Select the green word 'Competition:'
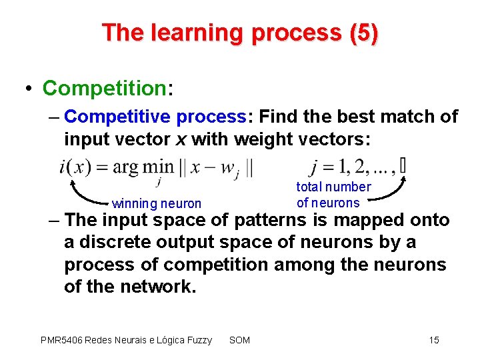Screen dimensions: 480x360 [x=103, y=88]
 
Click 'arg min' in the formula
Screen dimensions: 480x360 [x=143, y=166]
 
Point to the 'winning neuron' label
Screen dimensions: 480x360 [x=157, y=203]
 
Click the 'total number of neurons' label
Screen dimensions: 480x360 [x=333, y=195]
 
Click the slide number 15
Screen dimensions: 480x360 [x=434, y=340]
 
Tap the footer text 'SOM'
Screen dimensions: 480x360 [x=239, y=340]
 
